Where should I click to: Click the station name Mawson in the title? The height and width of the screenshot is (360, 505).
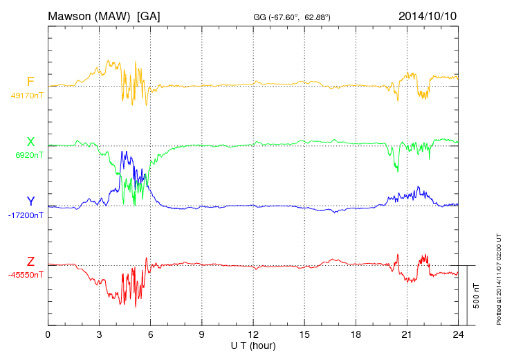(71, 15)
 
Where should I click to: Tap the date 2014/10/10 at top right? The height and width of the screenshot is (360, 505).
(428, 15)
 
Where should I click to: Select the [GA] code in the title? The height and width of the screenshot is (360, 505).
(149, 15)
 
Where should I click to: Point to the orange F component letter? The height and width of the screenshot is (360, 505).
(30, 82)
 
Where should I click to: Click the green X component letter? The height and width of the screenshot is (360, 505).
(30, 142)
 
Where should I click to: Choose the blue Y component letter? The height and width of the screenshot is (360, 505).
(30, 201)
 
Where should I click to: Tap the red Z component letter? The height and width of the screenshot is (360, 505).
(30, 262)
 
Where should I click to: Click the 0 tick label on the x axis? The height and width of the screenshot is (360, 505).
(48, 335)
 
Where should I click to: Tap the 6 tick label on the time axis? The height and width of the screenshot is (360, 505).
(151, 335)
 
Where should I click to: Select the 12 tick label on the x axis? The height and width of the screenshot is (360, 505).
(253, 335)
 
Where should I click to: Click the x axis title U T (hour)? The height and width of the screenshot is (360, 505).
(253, 345)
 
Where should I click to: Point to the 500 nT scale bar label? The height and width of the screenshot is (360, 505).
(477, 296)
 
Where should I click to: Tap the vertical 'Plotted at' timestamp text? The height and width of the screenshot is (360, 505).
(498, 280)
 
